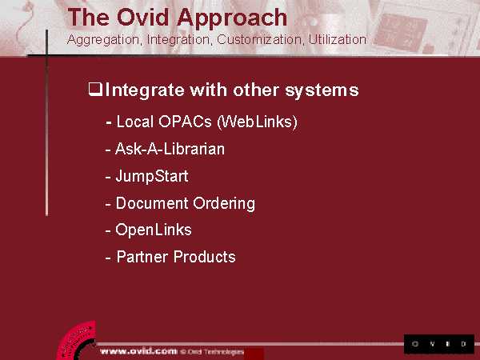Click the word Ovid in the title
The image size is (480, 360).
coord(142,17)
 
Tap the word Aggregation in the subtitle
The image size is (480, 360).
coord(103,40)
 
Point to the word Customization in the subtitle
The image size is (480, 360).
coord(260,39)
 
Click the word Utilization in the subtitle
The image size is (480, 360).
coord(337,39)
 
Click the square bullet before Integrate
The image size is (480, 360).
coord(95,90)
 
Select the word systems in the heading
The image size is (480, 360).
coord(322,90)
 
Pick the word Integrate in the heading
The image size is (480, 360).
coord(145,90)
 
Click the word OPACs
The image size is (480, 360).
coord(185,122)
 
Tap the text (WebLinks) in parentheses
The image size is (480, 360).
coord(257,122)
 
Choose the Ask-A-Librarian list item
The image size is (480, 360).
coord(170,149)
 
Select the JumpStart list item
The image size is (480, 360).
coord(152,176)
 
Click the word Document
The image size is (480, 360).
coord(152,203)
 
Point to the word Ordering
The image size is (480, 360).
coord(224,203)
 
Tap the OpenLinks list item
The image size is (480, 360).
coord(154,230)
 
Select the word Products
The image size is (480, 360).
coord(204,257)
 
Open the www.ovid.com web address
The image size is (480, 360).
coord(138,351)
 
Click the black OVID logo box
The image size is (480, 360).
coord(439,344)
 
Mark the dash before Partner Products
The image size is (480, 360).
coord(108,258)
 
